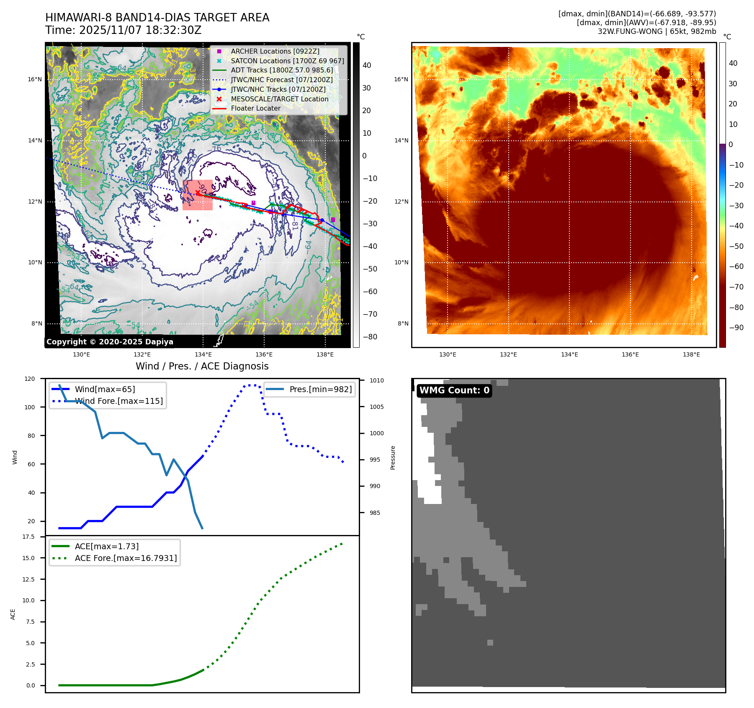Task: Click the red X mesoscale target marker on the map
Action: tap(198, 193)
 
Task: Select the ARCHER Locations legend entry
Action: tap(275, 51)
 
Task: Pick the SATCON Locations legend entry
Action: tap(287, 61)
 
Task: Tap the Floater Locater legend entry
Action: tap(255, 108)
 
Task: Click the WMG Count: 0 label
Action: tap(454, 390)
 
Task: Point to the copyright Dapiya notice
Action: tap(110, 342)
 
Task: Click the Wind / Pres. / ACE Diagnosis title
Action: tap(202, 366)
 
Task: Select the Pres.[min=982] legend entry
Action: tap(320, 389)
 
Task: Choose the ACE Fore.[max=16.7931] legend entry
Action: tap(126, 558)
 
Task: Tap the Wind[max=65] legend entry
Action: tap(105, 389)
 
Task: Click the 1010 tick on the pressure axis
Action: tap(376, 380)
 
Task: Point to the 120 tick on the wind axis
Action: tap(30, 379)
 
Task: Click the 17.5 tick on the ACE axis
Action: tap(29, 537)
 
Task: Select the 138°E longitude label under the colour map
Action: tap(691, 354)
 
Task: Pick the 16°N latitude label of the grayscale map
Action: tap(35, 79)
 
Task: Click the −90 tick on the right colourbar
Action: tap(736, 328)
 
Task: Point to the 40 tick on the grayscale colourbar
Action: tap(367, 65)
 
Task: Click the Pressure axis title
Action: tap(393, 457)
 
